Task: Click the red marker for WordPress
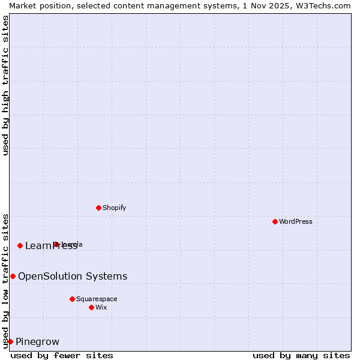click(275, 221)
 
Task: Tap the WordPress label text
click(296, 221)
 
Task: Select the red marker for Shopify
click(98, 208)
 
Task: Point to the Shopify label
click(114, 208)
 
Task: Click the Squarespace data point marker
click(72, 299)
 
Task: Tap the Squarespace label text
click(97, 299)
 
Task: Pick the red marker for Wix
click(91, 307)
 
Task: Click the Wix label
click(101, 307)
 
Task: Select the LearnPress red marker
click(20, 245)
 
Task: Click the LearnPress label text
click(50, 245)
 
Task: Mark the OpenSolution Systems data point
click(13, 276)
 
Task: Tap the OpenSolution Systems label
click(73, 276)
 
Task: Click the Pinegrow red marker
click(10, 341)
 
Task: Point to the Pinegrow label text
click(37, 342)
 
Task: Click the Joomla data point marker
click(56, 244)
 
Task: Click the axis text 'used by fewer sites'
click(62, 355)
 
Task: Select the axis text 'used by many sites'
click(301, 355)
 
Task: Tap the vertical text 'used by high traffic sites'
click(5, 85)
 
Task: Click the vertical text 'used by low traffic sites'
click(5, 280)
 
